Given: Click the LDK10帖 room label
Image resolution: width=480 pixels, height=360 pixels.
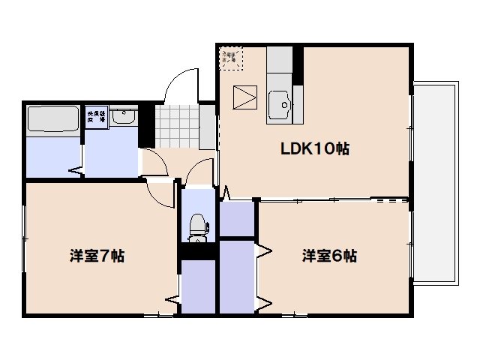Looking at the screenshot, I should click(x=315, y=148).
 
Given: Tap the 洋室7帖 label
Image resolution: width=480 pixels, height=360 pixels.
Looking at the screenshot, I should click(x=97, y=256).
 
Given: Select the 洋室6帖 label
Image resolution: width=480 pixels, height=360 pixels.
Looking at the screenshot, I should click(x=329, y=256).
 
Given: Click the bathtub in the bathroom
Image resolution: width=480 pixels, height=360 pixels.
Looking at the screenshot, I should click(x=52, y=119).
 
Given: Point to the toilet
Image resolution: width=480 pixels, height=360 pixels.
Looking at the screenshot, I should click(x=198, y=226).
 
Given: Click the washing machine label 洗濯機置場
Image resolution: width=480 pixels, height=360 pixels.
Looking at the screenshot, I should click(x=96, y=117).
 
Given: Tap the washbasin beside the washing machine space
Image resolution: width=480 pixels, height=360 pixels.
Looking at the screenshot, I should click(x=126, y=117).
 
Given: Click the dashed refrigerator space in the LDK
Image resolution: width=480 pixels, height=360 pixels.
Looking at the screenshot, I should click(x=232, y=57).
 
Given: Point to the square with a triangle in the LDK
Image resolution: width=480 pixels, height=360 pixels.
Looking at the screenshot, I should click(x=244, y=98).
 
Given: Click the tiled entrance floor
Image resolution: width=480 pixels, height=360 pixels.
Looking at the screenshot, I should click(x=180, y=125).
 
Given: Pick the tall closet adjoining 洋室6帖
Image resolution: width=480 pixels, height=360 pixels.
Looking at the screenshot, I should click(x=236, y=275).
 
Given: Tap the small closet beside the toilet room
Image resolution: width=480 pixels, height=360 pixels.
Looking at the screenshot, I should click(x=238, y=218).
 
